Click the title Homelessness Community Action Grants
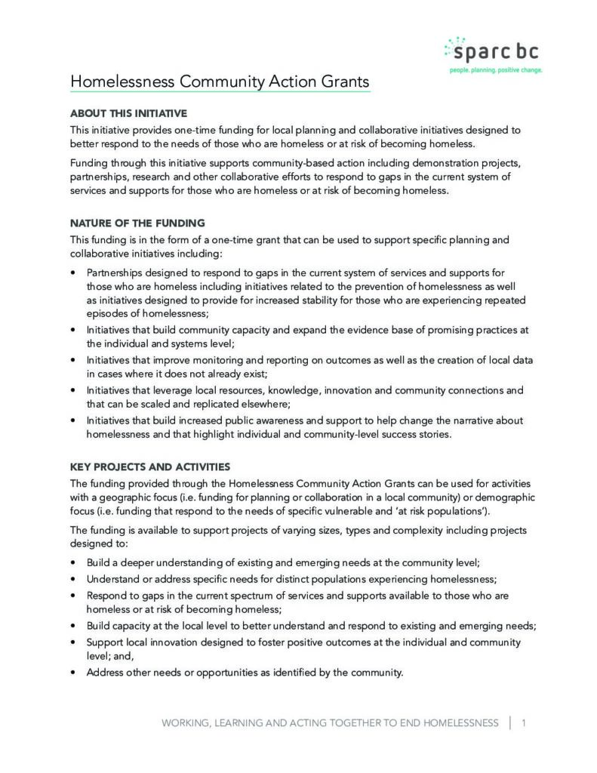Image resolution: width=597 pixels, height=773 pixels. pos(220,81)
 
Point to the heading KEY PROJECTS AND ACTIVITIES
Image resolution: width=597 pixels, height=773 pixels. pos(149,466)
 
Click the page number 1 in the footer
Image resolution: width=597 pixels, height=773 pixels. pos(523,722)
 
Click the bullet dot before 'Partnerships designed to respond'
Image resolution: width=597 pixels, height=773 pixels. pos(72,272)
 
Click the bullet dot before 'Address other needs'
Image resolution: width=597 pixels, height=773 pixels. pos(72,672)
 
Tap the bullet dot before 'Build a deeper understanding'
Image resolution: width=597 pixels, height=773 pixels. pos(72,562)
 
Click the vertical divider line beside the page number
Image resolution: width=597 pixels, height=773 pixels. pos(510,722)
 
